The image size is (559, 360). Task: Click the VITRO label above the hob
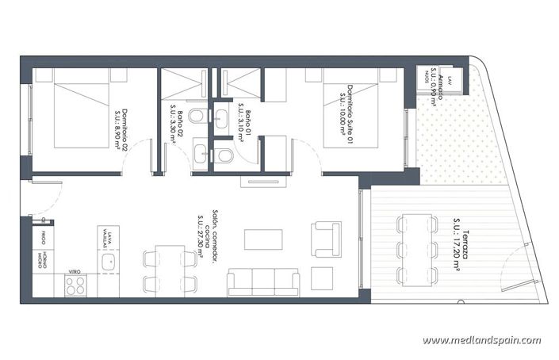point(74,271)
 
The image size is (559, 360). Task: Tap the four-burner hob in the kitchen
point(76,286)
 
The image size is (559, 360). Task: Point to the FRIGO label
point(38,239)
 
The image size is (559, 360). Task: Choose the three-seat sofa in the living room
point(262,281)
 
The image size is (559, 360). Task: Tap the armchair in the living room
point(326,235)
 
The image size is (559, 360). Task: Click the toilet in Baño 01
point(225,155)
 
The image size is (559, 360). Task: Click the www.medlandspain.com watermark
point(481,340)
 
